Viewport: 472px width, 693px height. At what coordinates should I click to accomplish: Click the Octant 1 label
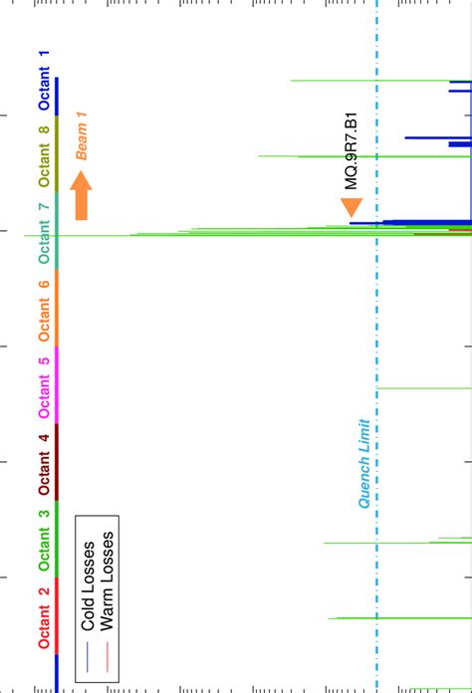pos(43,80)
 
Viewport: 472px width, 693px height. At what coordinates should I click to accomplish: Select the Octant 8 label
pos(43,156)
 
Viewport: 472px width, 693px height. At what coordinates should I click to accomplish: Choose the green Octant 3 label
pos(43,541)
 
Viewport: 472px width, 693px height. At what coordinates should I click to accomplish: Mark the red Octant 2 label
pos(43,618)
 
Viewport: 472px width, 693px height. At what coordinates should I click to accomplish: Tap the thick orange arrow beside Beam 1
pos(82,195)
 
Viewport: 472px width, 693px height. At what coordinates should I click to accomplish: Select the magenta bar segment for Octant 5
pos(57,385)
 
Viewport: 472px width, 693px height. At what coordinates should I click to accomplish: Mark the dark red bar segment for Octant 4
pos(57,462)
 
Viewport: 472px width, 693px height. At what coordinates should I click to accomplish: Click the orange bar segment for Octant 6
pos(57,308)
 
